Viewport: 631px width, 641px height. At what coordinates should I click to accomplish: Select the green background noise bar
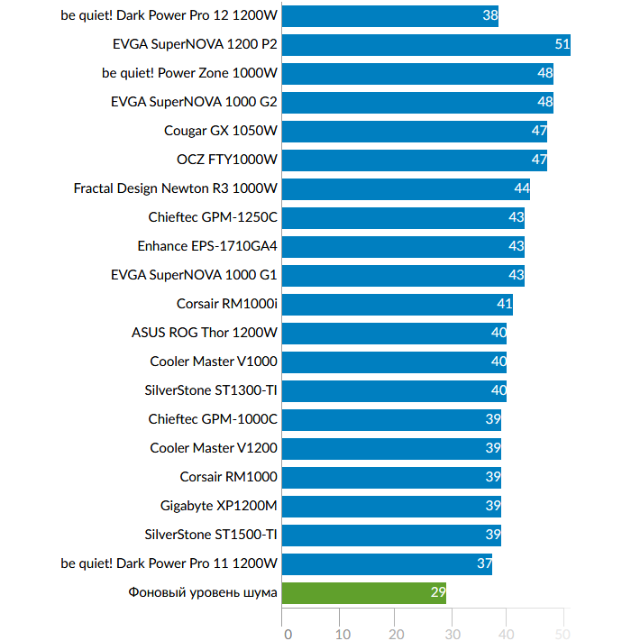click(x=363, y=592)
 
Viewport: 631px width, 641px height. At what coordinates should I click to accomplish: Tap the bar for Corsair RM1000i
click(x=398, y=304)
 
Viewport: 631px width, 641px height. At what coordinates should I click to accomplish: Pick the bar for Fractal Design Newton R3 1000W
click(x=406, y=188)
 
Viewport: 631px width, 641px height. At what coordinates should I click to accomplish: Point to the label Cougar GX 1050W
click(x=221, y=131)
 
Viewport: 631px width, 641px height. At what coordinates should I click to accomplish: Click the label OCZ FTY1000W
click(x=227, y=160)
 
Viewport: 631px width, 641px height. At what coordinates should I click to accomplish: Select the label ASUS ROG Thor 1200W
click(x=205, y=333)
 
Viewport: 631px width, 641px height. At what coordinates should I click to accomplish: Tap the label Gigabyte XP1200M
click(x=219, y=506)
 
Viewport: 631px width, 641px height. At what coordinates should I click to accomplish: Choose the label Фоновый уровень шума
click(x=203, y=592)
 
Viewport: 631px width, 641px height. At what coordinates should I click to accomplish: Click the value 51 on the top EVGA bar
click(x=562, y=44)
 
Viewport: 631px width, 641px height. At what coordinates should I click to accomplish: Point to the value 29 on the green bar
click(x=437, y=592)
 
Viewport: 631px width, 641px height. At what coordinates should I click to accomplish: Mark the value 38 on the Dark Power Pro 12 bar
click(x=489, y=15)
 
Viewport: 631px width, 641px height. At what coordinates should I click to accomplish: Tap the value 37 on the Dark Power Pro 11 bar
click(x=484, y=563)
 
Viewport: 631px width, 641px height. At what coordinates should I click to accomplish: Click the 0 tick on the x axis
click(x=288, y=634)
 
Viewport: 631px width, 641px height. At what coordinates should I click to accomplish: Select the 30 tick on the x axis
click(x=453, y=634)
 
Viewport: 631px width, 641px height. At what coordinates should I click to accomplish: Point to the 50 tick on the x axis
click(x=563, y=634)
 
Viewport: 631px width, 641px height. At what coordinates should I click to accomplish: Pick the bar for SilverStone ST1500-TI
click(x=391, y=535)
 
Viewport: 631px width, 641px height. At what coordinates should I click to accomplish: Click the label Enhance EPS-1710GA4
click(x=207, y=246)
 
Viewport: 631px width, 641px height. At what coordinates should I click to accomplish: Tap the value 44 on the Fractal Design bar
click(x=521, y=188)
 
